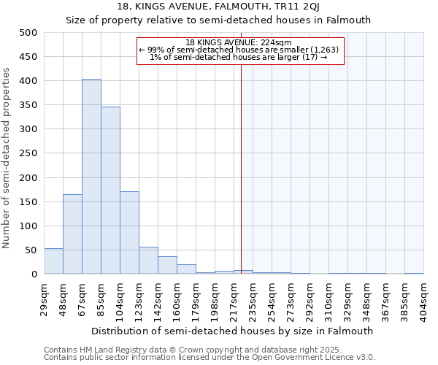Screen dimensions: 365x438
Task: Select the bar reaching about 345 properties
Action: pos(110,191)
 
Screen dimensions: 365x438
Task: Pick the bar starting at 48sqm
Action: pos(72,234)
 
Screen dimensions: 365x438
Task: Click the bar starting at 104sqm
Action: pos(129,233)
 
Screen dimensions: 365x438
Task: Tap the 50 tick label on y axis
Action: pos(31,250)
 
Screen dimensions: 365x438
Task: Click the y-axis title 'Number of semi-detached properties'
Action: pos(7,158)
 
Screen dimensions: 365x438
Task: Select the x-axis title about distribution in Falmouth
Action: pos(237,331)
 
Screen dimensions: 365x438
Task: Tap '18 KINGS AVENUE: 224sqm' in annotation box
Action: pos(239,42)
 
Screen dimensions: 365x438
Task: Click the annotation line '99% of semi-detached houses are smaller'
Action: pos(239,50)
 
